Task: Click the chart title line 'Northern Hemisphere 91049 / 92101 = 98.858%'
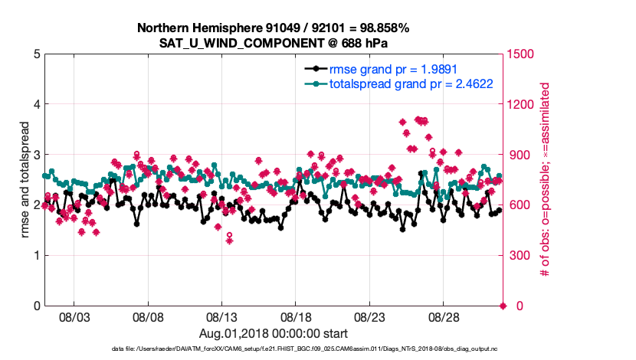[x=273, y=28]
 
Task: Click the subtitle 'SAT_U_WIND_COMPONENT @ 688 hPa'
[x=273, y=42]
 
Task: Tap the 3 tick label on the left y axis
[x=36, y=155]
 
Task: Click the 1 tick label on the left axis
[x=36, y=255]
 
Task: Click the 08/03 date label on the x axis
[x=74, y=316]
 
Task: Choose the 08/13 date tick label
[x=221, y=316]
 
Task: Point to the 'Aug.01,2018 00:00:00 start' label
[x=273, y=333]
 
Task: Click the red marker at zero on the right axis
[x=503, y=306]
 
